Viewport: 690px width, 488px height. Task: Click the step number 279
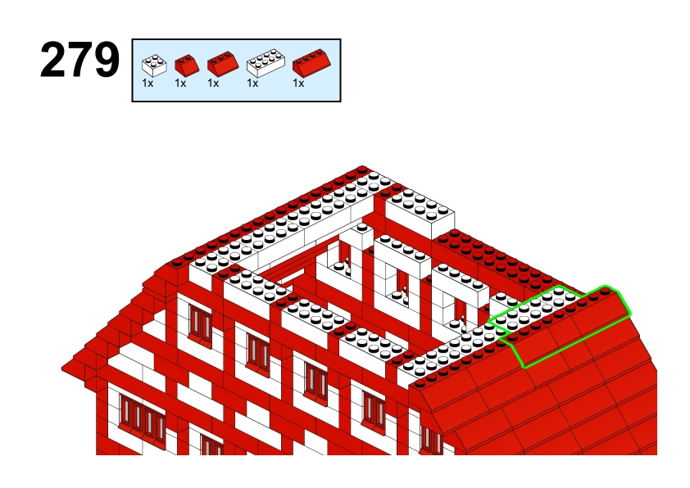click(79, 60)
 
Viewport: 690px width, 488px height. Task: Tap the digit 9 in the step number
click(107, 60)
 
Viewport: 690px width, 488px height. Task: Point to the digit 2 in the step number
click(52, 60)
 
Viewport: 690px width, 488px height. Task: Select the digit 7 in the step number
click(79, 60)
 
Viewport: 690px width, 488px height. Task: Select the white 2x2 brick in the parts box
click(154, 66)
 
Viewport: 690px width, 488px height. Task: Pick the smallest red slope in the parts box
click(187, 65)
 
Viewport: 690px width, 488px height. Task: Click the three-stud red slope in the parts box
click(223, 64)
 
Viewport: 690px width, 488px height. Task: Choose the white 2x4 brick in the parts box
click(266, 63)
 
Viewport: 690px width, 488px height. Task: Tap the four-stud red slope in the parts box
click(312, 63)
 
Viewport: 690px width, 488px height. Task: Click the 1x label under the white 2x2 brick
click(148, 83)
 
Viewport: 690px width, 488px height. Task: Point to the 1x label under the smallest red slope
click(180, 83)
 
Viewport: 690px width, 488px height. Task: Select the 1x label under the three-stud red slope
click(213, 83)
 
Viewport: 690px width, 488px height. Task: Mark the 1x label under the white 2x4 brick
click(252, 83)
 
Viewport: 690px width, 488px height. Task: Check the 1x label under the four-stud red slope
click(298, 83)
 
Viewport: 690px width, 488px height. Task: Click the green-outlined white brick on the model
click(533, 310)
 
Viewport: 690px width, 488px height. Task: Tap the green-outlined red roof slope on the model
click(572, 328)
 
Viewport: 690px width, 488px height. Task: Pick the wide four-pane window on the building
click(142, 417)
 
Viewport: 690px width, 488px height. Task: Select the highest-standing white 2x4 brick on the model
click(420, 212)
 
